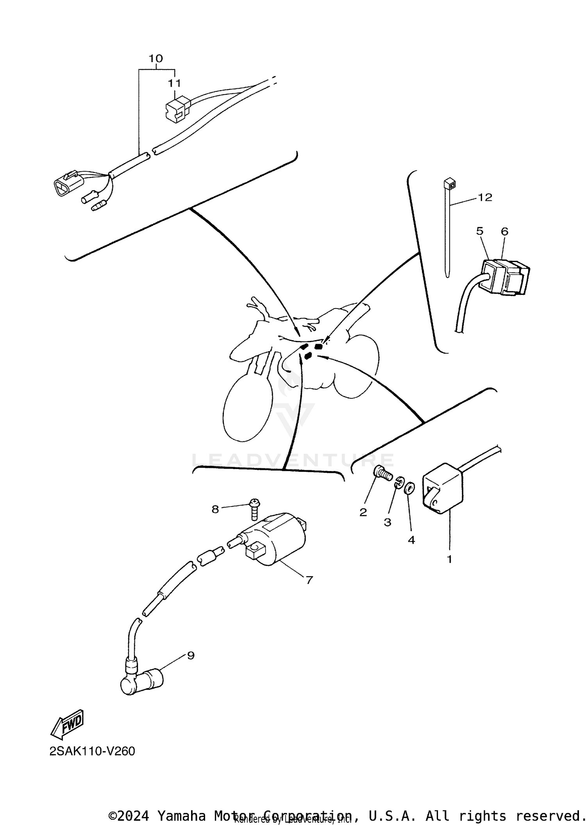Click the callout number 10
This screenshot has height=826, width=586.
point(155,59)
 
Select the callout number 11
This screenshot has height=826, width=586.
point(175,83)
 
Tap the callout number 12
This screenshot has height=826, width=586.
point(485,198)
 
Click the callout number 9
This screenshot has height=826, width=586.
point(191,656)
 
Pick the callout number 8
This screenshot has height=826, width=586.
point(215,509)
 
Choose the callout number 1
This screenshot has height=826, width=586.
point(449,559)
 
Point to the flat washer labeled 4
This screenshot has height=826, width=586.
point(410,488)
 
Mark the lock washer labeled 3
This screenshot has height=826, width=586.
point(398,483)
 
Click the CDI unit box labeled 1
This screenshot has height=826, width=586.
point(443,488)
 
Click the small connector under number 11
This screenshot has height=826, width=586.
point(177,109)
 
